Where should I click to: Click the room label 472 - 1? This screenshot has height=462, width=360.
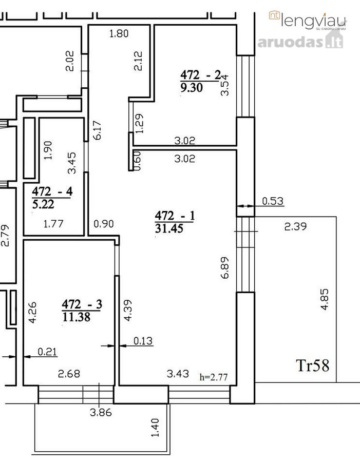175,216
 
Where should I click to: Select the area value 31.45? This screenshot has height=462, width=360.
169,228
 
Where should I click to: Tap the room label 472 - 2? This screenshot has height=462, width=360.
200,75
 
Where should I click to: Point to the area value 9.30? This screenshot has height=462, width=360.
192,87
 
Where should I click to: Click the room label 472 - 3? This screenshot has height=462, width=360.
82,304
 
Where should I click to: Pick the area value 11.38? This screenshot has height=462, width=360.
77,317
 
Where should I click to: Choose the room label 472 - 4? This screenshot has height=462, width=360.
52,191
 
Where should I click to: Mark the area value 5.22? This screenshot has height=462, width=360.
43,204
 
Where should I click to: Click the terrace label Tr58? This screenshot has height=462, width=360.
313,365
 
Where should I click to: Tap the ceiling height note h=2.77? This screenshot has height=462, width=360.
214,377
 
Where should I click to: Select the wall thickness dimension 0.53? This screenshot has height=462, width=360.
273,201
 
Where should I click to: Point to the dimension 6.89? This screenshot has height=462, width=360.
224,267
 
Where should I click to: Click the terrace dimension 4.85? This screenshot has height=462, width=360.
324,299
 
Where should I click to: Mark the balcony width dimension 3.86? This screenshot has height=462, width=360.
101,413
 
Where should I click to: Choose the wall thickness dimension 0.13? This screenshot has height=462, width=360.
143,341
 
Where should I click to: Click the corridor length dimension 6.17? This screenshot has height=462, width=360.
97,130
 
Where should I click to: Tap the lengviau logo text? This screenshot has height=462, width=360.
313,21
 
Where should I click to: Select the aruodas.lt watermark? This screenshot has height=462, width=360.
300,42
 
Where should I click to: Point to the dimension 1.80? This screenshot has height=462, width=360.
119,33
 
